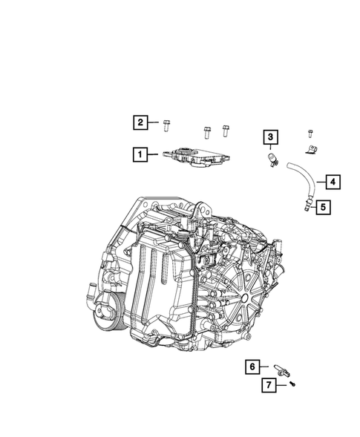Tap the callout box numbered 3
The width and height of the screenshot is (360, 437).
[x=272, y=137]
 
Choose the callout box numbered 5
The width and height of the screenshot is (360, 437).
[x=322, y=207]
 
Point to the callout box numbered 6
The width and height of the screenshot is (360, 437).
[x=252, y=366]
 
